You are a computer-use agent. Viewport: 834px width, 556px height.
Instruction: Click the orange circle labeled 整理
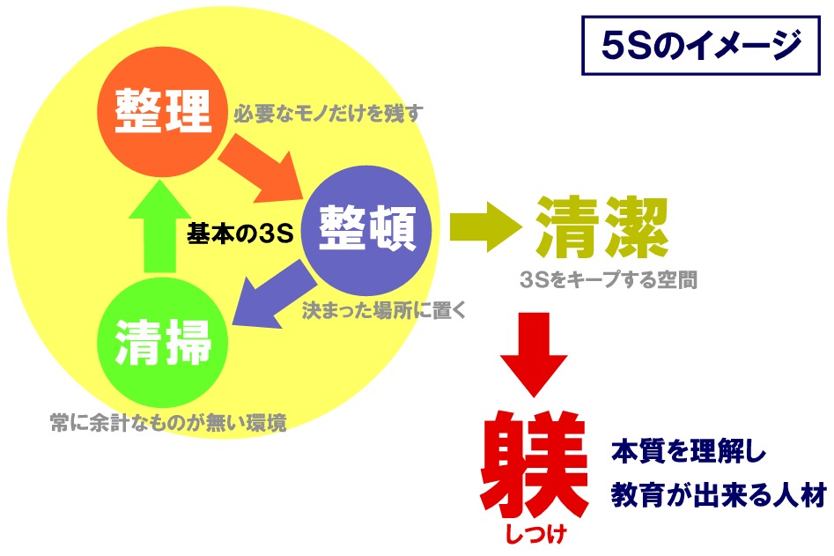pos(163,111)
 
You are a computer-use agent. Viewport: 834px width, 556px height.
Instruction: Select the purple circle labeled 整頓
pos(366,230)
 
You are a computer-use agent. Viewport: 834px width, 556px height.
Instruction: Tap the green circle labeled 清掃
pos(163,342)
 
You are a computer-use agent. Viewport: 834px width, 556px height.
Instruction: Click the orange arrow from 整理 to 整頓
pos(260,168)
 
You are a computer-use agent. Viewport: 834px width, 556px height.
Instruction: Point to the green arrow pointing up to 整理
pos(159,226)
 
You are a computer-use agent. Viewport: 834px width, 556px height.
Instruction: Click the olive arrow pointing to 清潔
pos(485,227)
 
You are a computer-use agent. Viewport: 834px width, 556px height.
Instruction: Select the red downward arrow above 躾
pos(534,354)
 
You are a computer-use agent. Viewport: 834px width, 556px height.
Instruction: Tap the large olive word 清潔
pos(602,227)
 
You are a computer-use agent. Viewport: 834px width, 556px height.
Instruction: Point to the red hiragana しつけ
pos(535,534)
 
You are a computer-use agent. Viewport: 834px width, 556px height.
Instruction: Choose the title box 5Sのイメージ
pos(701,45)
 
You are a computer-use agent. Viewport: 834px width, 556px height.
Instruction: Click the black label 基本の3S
pos(240,233)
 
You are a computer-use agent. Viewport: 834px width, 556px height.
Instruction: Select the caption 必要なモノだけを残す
pos(328,114)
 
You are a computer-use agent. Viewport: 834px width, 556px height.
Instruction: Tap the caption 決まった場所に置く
pos(384,310)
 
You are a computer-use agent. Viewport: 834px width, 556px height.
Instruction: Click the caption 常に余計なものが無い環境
pos(168,423)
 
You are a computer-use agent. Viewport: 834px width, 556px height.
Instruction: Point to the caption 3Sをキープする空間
pos(609,279)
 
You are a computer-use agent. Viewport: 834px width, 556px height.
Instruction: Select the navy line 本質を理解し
pos(690,452)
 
